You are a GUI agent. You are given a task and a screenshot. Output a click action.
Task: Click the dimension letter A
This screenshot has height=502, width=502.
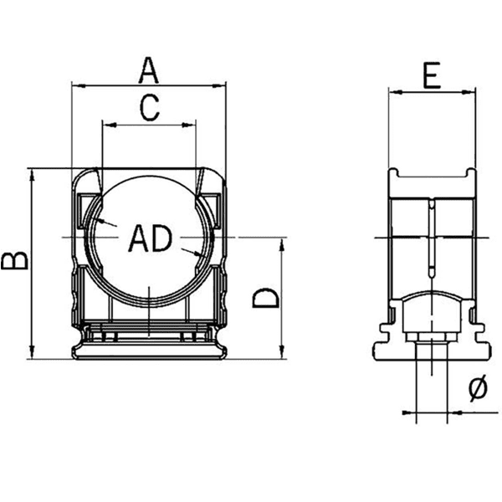tap(148, 69)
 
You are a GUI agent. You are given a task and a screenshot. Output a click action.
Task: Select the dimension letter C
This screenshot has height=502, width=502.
tap(148, 108)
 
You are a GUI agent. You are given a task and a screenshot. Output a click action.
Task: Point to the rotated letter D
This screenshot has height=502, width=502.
tap(266, 297)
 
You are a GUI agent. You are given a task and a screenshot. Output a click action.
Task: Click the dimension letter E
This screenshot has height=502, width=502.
tap(432, 77)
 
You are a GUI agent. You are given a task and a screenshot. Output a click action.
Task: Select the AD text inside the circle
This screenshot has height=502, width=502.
tap(150, 239)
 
